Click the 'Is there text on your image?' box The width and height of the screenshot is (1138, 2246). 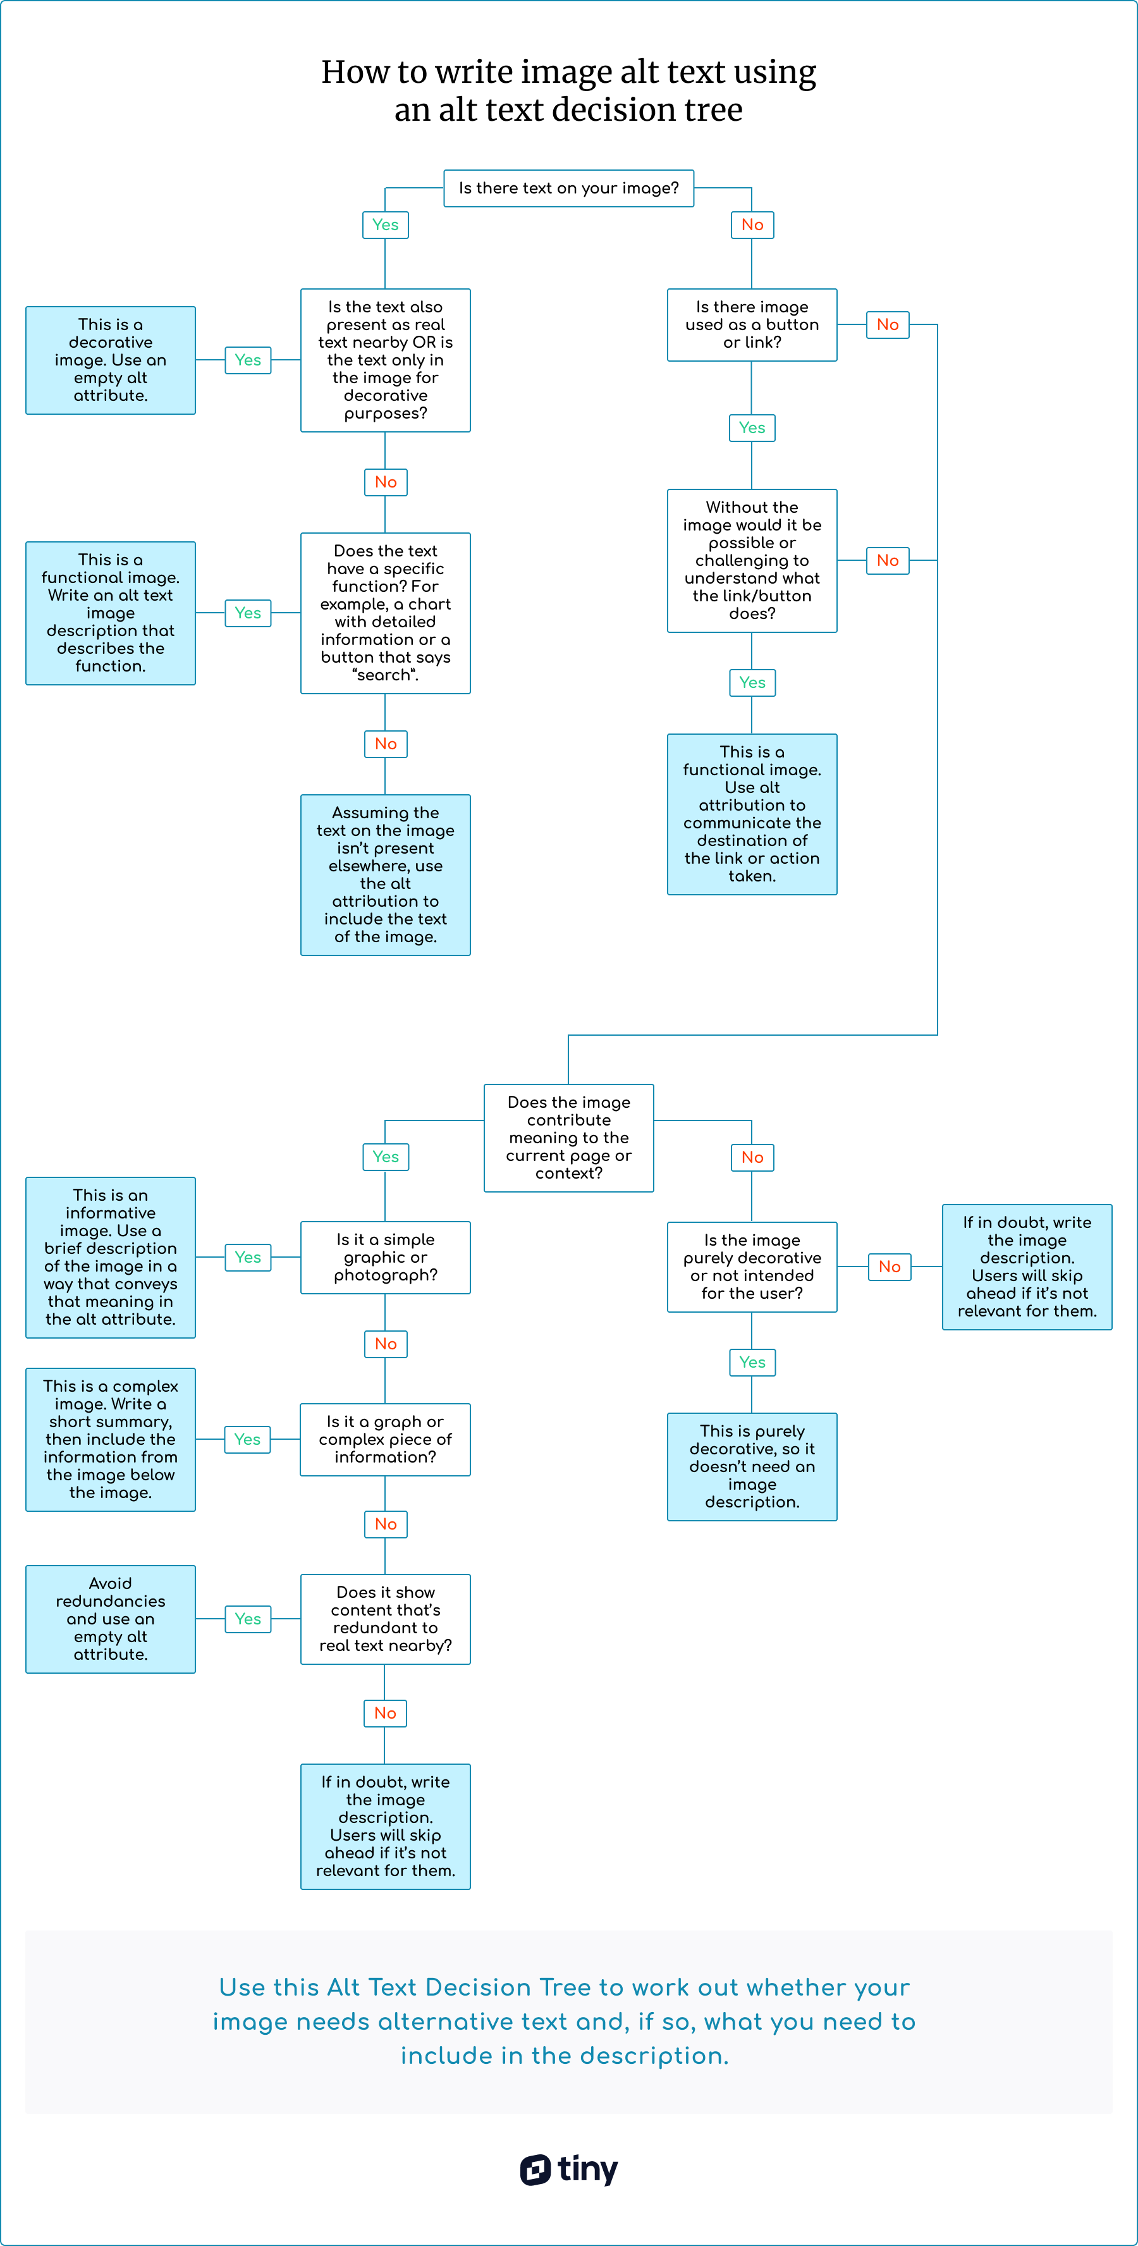point(568,188)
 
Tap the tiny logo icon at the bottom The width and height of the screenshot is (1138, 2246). point(535,2169)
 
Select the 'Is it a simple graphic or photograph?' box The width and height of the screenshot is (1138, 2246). point(386,1257)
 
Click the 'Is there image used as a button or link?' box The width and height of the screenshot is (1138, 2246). point(752,324)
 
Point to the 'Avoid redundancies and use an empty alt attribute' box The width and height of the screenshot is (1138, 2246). point(111,1619)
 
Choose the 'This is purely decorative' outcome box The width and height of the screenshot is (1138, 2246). point(752,1466)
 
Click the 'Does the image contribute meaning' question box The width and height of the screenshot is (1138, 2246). point(568,1138)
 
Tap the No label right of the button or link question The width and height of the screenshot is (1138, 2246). point(888,324)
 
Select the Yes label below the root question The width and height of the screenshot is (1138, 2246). point(386,225)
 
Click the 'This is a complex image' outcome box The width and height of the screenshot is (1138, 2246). point(111,1440)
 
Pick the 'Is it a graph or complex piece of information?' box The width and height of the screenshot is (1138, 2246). point(386,1440)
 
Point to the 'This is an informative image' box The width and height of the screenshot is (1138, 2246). point(111,1257)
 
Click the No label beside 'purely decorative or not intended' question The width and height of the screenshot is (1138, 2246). point(890,1267)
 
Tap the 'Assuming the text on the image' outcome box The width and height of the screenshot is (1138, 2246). point(386,874)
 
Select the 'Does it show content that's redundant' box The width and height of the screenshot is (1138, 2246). point(386,1619)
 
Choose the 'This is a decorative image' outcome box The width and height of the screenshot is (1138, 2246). point(111,360)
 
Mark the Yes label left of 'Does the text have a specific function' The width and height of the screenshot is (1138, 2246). point(248,613)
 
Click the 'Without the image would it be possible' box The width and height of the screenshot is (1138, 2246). point(752,561)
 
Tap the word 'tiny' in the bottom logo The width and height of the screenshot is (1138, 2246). point(588,2169)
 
